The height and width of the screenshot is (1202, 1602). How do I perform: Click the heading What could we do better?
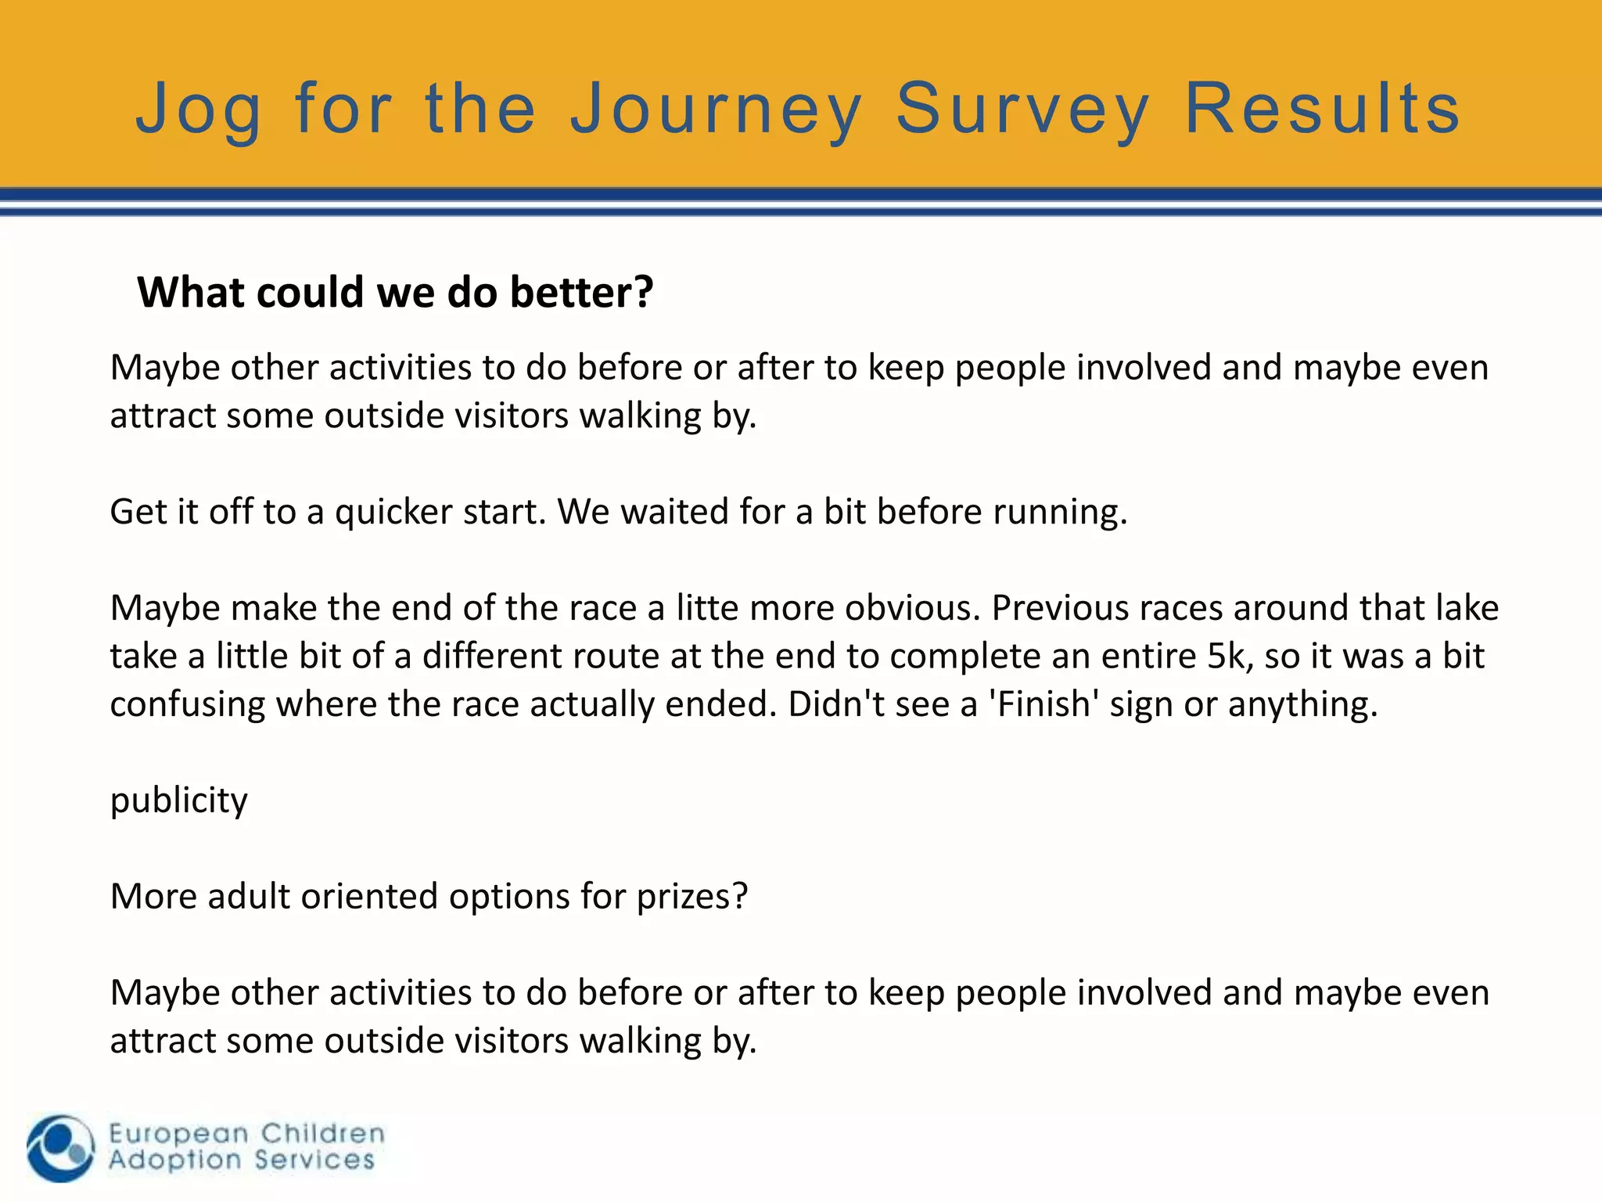coord(395,292)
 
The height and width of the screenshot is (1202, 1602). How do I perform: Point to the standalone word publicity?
coord(178,801)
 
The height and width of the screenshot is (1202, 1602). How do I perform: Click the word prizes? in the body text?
coord(692,897)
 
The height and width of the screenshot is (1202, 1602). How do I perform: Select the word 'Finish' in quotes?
coord(1044,704)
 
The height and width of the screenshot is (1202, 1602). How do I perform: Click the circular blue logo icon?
coord(60,1148)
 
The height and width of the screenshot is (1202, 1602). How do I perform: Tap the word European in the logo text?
coord(178,1133)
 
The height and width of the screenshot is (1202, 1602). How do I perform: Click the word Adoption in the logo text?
coord(174,1160)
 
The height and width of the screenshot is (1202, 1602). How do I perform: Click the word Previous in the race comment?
coord(1059,608)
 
